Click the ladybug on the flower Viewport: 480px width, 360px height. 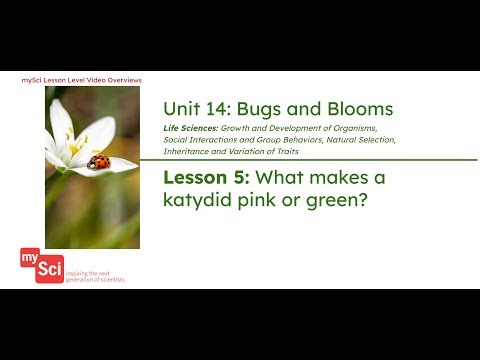tap(98, 161)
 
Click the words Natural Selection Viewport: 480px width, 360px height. tap(358, 141)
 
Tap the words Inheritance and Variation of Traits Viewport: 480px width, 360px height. tap(224, 152)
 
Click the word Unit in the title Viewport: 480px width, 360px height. tap(180, 109)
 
